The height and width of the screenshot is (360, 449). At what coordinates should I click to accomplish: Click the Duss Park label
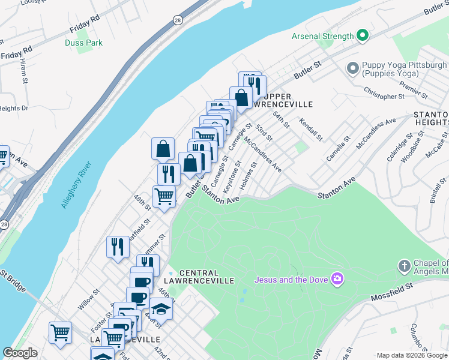click(x=84, y=43)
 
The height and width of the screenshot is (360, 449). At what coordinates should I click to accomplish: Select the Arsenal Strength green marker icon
click(x=362, y=36)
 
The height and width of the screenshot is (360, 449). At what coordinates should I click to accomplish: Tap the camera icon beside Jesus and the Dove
click(x=337, y=278)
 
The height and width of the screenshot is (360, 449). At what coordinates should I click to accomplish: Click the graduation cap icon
click(x=161, y=308)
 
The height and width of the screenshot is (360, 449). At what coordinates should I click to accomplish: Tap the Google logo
click(x=20, y=353)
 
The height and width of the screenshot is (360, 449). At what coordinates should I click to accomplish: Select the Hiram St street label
click(x=24, y=71)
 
